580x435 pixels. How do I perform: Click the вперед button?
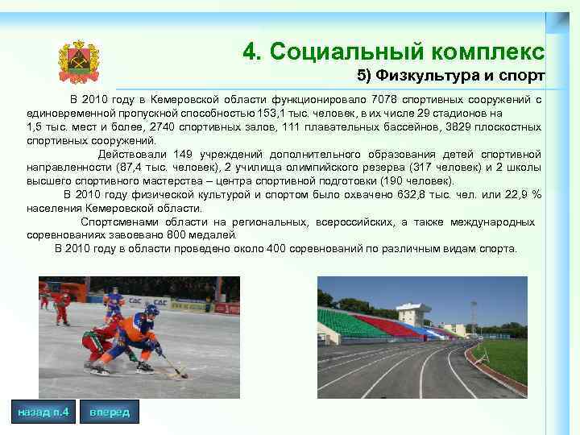tap(109, 412)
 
